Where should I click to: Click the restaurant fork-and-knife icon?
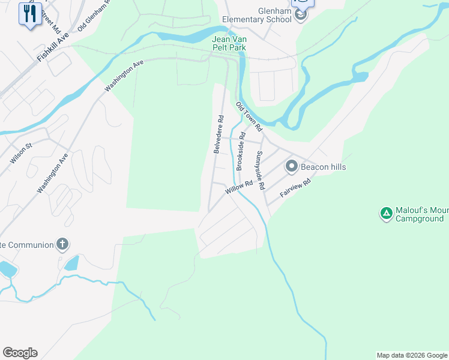(x=29, y=13)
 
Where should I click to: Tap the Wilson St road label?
(x=20, y=154)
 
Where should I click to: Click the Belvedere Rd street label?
(x=218, y=134)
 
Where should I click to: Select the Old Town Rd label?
(x=249, y=116)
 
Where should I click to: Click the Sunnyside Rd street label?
(x=259, y=170)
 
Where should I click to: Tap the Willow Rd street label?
(x=238, y=188)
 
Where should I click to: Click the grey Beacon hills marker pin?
(x=292, y=166)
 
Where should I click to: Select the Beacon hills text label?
(x=324, y=167)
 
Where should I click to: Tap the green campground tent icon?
(x=386, y=213)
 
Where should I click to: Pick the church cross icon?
(x=62, y=244)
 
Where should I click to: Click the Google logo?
(x=20, y=353)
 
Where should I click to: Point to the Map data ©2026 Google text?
(x=412, y=355)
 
